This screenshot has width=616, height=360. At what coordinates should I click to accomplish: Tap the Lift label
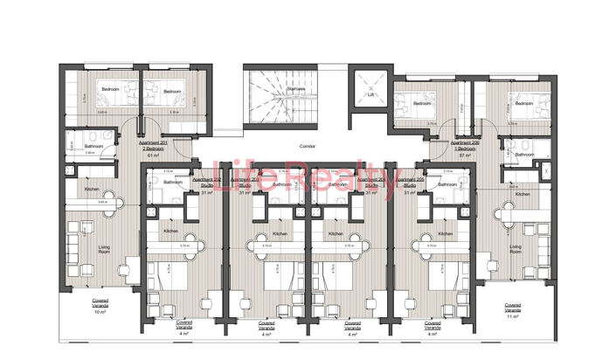[x=369, y=94]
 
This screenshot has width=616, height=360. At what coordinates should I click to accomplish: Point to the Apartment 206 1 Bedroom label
[x=465, y=145]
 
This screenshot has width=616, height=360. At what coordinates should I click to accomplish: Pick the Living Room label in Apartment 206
[x=516, y=249]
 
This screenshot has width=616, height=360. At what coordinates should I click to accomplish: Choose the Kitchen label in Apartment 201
[x=92, y=189]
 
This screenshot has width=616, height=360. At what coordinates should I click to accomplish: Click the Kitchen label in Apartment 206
[x=522, y=194]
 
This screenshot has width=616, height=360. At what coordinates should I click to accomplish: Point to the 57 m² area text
[x=465, y=152]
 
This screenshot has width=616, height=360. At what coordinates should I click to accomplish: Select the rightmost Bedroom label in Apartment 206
[x=523, y=103]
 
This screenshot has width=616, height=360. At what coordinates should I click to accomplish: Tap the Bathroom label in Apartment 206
[x=524, y=155]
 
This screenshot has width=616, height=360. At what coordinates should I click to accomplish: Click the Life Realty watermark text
[x=307, y=179]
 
